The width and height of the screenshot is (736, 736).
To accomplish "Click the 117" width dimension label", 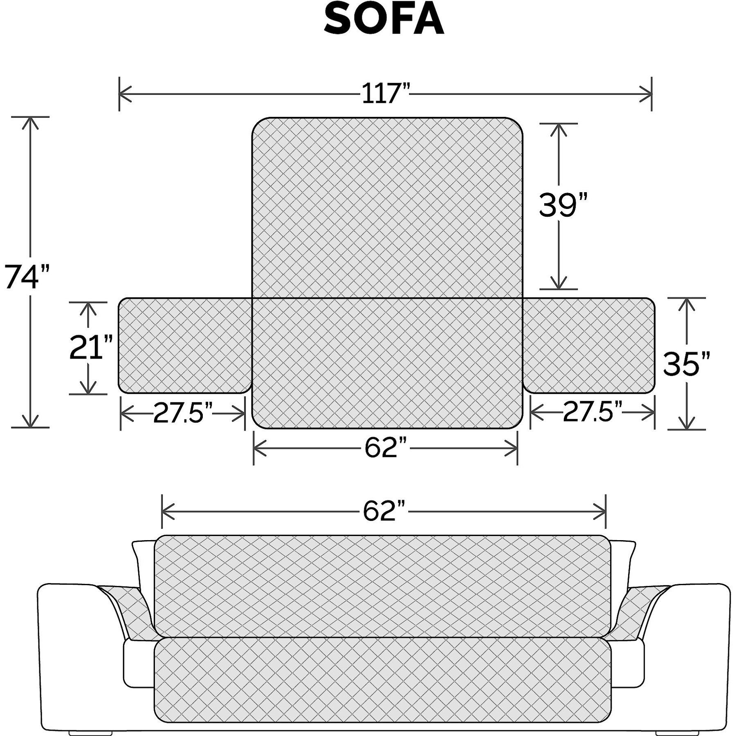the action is pyautogui.click(x=386, y=94).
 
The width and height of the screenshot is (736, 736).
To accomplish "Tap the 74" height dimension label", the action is pyautogui.click(x=27, y=276).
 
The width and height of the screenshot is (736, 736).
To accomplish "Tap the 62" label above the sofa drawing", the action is pyautogui.click(x=384, y=511).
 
